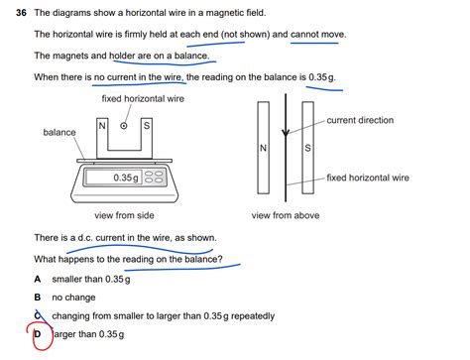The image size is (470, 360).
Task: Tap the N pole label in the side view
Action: (102, 126)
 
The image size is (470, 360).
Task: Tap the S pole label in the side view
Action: (147, 126)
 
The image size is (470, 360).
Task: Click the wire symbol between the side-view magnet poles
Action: (124, 126)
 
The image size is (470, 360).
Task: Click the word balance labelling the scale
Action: (59, 132)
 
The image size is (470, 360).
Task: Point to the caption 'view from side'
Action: (124, 215)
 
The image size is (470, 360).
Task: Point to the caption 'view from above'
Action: (286, 215)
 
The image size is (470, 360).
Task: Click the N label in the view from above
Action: (262, 149)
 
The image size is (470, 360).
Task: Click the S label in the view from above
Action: (307, 149)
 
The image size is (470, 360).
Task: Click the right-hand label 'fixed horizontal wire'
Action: (368, 178)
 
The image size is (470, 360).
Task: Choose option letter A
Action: (38, 279)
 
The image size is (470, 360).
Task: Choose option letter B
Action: (38, 297)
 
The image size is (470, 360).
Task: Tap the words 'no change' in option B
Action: (75, 297)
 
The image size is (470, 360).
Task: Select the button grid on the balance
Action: (155, 178)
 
